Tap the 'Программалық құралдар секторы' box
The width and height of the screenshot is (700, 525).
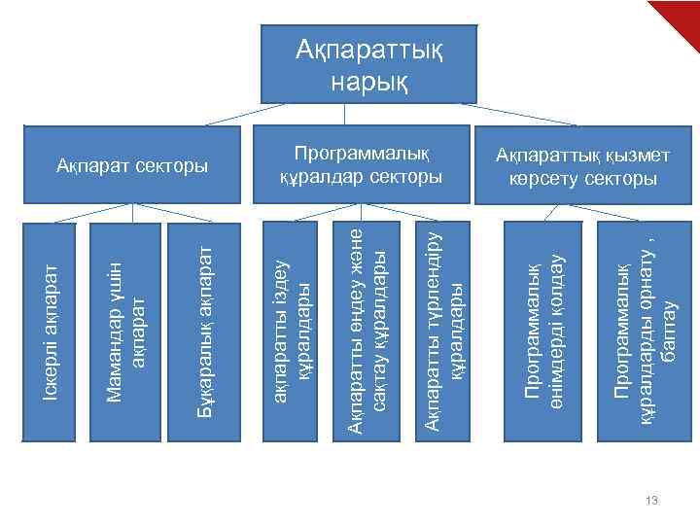pos(361,165)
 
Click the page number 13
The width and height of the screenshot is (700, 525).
pos(651,501)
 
